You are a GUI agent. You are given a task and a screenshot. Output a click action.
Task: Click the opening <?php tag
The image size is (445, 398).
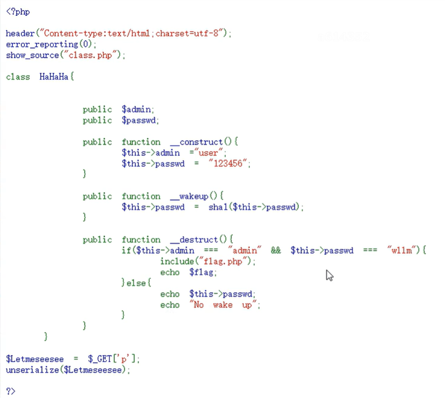tap(18, 12)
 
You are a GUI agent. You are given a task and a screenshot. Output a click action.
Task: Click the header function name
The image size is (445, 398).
tap(20, 34)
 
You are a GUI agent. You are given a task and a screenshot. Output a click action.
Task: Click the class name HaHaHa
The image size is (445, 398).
tap(54, 77)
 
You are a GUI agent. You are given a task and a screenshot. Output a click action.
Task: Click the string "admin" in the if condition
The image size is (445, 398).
tap(245, 250)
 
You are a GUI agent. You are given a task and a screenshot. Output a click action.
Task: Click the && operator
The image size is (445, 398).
tap(276, 250)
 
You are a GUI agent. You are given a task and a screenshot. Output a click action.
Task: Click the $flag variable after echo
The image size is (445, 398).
tap(202, 272)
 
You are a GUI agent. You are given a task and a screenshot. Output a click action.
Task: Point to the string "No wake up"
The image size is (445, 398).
tap(224, 305)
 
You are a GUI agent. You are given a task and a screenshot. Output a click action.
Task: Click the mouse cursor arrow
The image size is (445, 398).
tap(330, 276)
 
